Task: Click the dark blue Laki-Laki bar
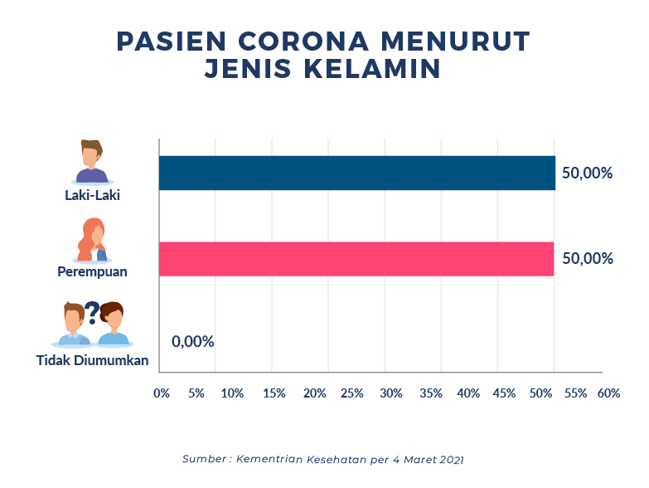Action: pyautogui.click(x=356, y=173)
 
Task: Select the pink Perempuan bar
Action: pyautogui.click(x=356, y=259)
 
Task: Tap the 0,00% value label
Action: pyautogui.click(x=193, y=341)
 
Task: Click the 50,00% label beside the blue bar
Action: pyautogui.click(x=587, y=173)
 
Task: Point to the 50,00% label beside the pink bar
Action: pyautogui.click(x=587, y=258)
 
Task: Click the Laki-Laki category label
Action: pyautogui.click(x=93, y=197)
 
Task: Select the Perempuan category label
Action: pyautogui.click(x=92, y=271)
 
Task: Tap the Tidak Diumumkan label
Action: pyautogui.click(x=92, y=360)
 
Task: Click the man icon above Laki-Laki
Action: pyautogui.click(x=92, y=161)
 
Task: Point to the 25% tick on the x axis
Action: pyautogui.click(x=352, y=393)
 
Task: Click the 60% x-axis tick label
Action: pyautogui.click(x=608, y=393)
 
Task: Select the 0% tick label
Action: pyautogui.click(x=162, y=393)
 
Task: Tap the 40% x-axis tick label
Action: pyautogui.click(x=468, y=393)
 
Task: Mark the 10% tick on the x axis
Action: pyautogui.click(x=233, y=393)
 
